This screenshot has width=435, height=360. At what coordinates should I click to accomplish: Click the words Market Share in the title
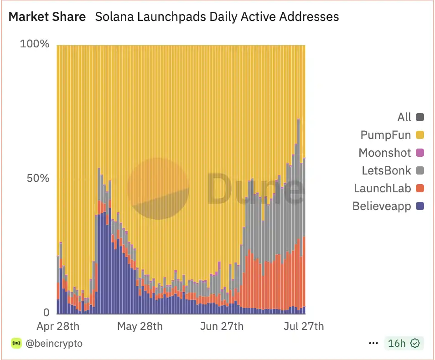(47, 17)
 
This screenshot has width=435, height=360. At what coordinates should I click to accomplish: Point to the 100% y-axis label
(35, 44)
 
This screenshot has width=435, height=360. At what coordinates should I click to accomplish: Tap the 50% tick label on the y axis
(36, 178)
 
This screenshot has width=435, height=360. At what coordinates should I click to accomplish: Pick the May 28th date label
(140, 326)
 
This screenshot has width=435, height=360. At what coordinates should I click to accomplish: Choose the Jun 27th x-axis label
(222, 326)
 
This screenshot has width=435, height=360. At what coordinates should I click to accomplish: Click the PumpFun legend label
(385, 135)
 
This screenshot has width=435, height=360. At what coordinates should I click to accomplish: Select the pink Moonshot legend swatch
(420, 153)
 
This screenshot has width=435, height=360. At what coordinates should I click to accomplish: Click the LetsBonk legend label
(386, 170)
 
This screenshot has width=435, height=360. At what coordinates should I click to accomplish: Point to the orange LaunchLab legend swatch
(420, 188)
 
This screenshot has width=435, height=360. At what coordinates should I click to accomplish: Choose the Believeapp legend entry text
(382, 206)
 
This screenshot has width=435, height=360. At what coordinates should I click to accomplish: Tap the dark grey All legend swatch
(420, 117)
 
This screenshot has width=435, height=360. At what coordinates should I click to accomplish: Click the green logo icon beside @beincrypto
(16, 343)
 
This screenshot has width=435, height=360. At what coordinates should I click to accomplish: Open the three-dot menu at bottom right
(373, 343)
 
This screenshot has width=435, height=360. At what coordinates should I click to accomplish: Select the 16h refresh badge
(404, 343)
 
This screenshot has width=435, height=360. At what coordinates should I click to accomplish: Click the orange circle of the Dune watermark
(158, 188)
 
